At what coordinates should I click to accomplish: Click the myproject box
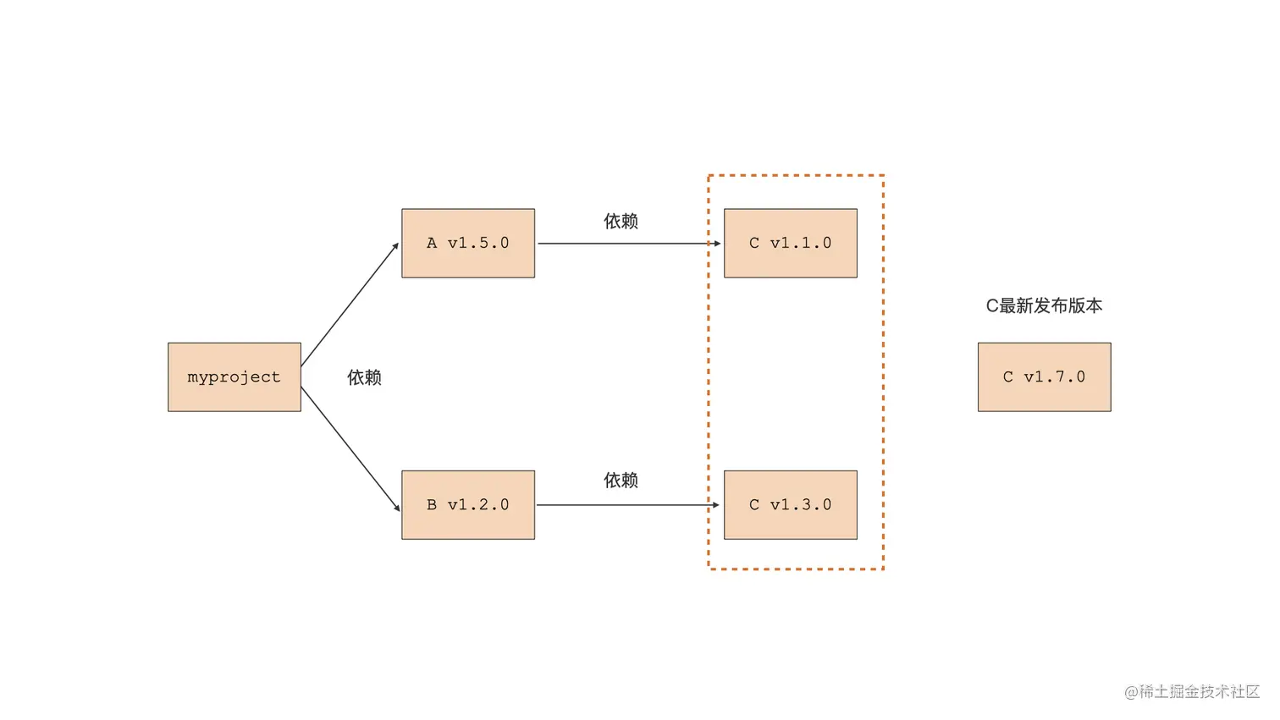(x=234, y=377)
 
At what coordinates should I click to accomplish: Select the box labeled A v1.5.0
(x=468, y=243)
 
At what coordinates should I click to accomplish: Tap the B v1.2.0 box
(x=468, y=505)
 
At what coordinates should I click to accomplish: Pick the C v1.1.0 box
(x=791, y=243)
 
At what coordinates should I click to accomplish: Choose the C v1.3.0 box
(x=791, y=505)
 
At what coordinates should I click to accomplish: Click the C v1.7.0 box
(x=1044, y=377)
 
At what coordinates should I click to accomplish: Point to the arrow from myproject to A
(x=349, y=305)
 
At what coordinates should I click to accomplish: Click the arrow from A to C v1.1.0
(x=626, y=244)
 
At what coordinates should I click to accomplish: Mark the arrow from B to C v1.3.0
(x=626, y=505)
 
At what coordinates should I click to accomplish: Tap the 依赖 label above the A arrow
(x=621, y=222)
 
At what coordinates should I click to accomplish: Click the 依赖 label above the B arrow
(x=621, y=481)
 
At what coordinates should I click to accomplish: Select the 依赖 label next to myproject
(x=364, y=377)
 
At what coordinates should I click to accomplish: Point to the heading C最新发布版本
(x=1044, y=306)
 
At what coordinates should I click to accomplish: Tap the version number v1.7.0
(x=1054, y=377)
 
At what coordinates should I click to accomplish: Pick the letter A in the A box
(x=432, y=244)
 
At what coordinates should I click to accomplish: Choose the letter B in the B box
(x=432, y=505)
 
